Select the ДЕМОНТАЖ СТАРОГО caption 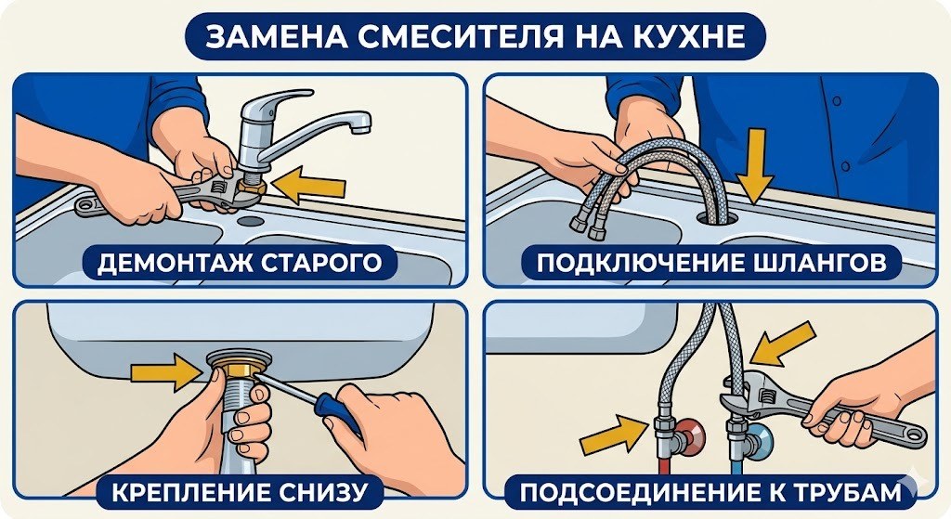pyautogui.click(x=239, y=263)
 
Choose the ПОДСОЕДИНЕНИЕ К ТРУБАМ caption pyautogui.click(x=711, y=489)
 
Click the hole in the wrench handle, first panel pyautogui.click(x=90, y=205)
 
